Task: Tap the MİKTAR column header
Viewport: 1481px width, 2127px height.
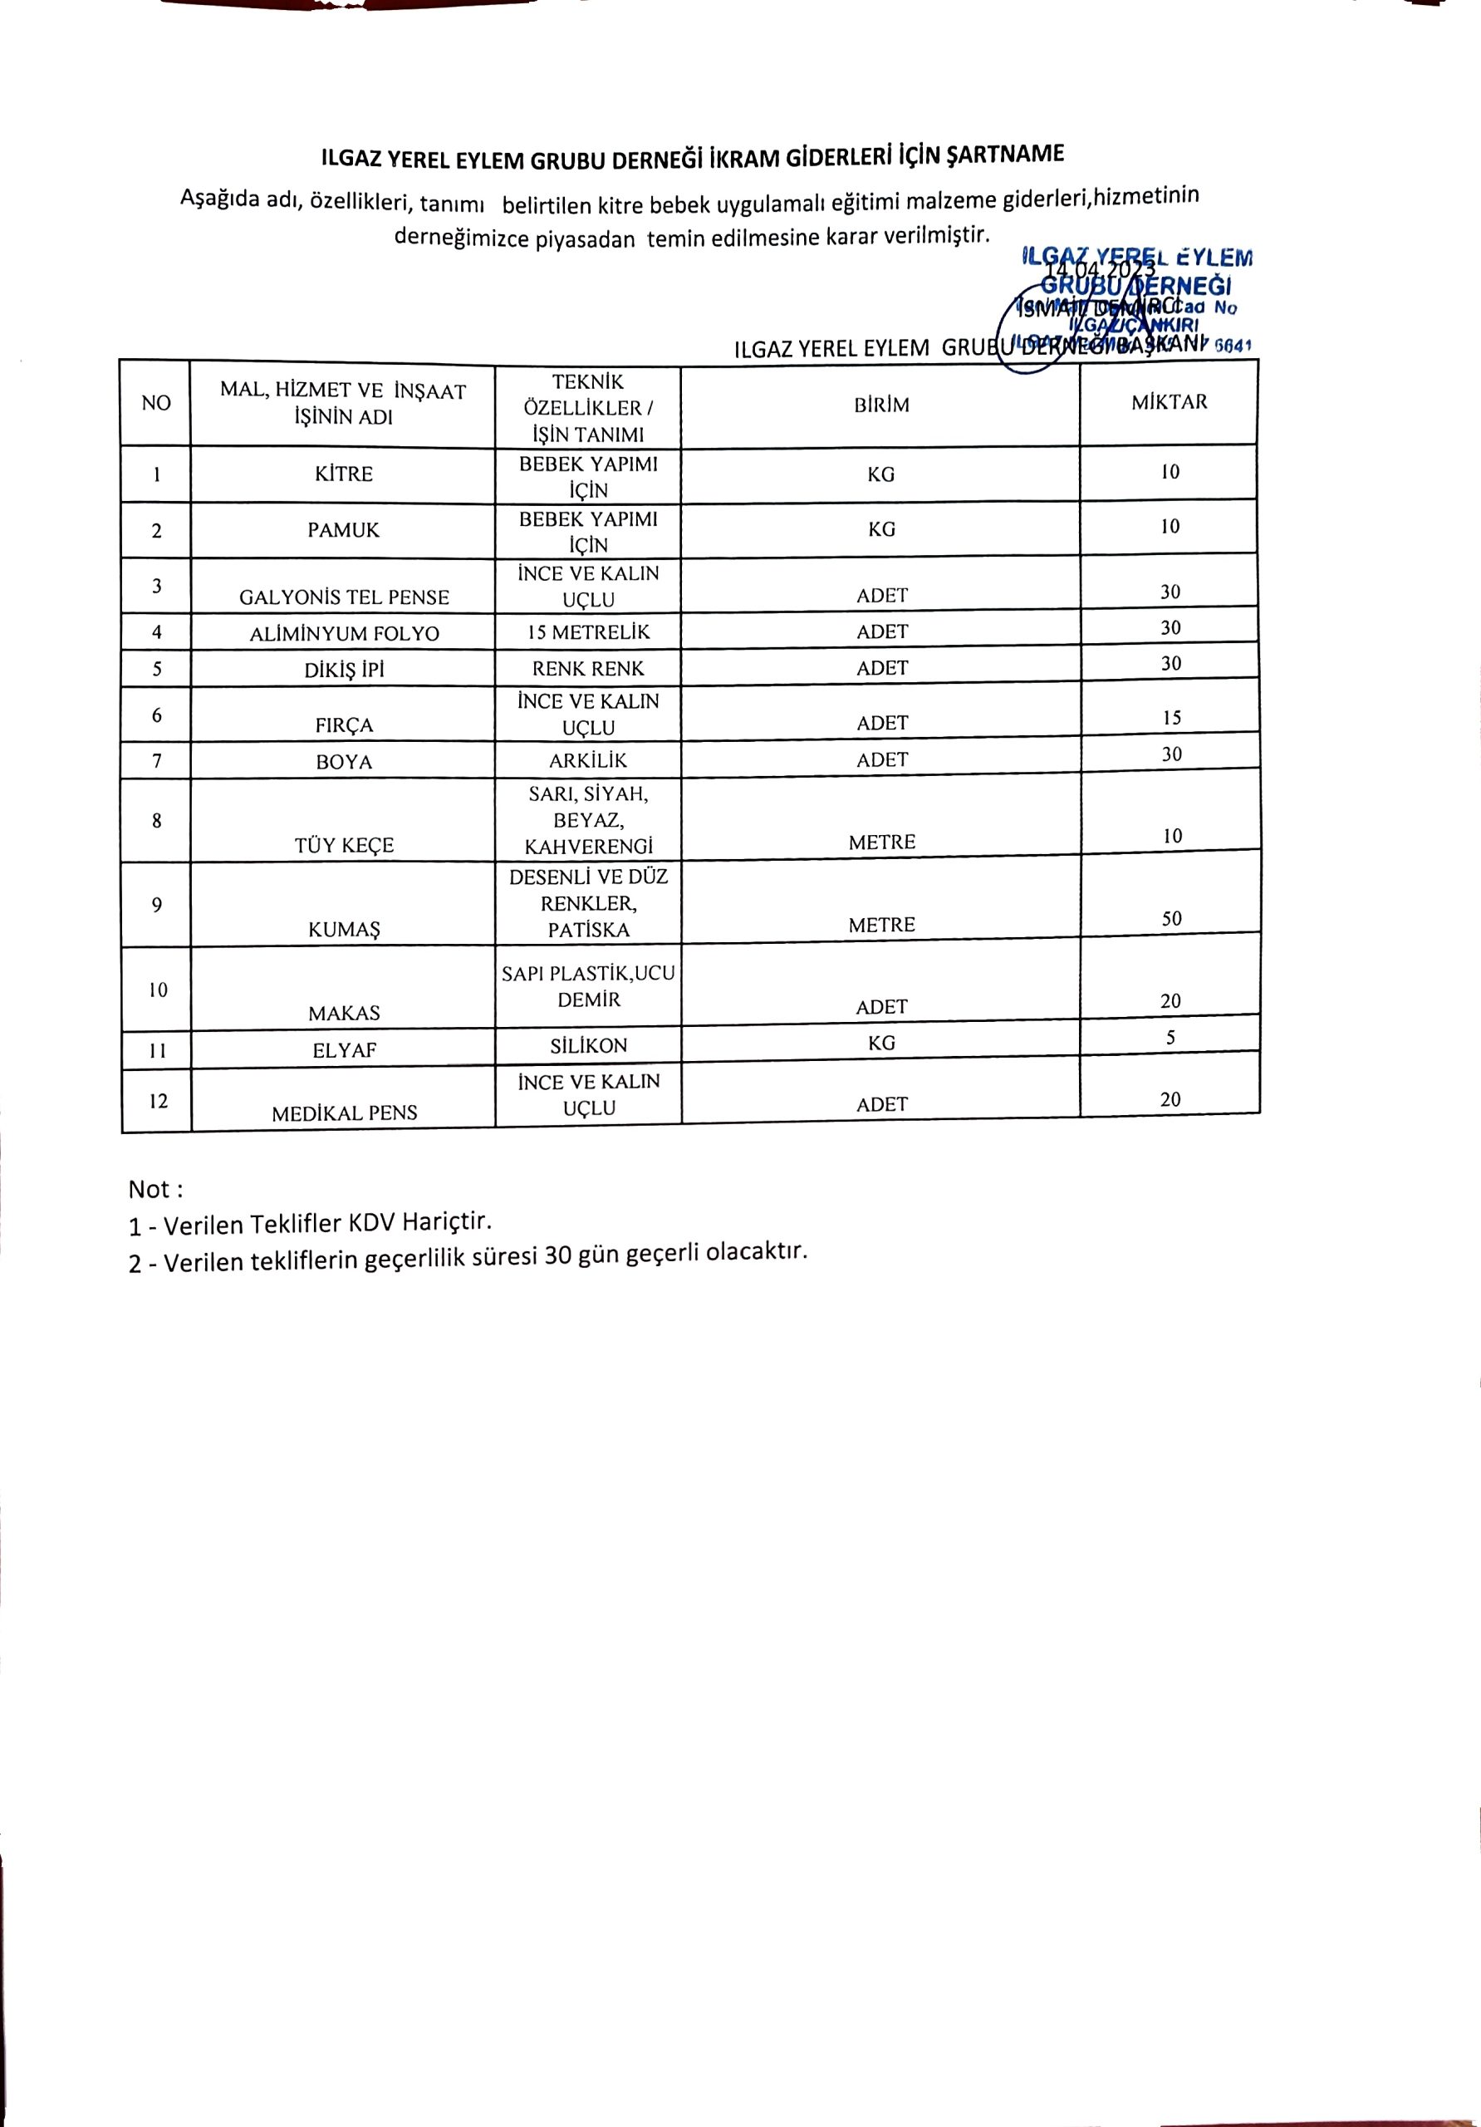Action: [x=1169, y=402]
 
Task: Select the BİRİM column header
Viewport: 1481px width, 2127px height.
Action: [x=880, y=405]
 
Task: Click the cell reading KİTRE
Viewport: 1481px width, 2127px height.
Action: [x=343, y=474]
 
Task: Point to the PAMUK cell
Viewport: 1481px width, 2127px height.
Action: [x=343, y=530]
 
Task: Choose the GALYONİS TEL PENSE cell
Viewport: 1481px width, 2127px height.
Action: [x=344, y=597]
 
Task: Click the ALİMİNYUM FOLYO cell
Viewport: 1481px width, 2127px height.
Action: [x=344, y=634]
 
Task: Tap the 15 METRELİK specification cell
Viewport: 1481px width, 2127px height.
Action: [x=588, y=633]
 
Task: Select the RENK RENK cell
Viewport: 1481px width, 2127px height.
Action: [x=588, y=669]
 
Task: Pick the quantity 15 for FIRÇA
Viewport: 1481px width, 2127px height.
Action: [x=1170, y=718]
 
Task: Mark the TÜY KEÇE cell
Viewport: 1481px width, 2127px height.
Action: [x=344, y=845]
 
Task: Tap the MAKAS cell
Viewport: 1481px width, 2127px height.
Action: [x=344, y=1014]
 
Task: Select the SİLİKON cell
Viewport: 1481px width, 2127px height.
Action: [x=589, y=1046]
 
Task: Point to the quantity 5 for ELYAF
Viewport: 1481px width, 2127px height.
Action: [x=1170, y=1039]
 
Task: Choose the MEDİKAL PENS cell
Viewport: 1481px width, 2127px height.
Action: [x=345, y=1113]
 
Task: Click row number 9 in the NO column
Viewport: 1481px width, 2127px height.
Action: [x=156, y=905]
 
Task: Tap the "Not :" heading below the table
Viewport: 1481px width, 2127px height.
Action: [x=154, y=1190]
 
